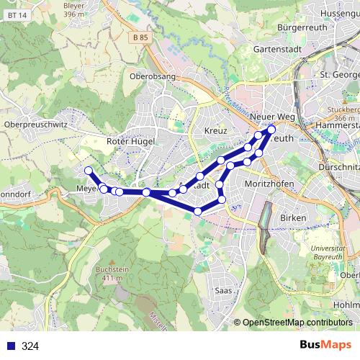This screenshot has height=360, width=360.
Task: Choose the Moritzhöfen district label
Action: point(269,184)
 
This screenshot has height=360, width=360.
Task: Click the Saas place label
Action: point(223,290)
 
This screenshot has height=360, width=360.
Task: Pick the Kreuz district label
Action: point(215,131)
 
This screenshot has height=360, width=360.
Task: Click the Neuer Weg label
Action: point(272,117)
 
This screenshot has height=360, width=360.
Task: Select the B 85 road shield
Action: point(140,37)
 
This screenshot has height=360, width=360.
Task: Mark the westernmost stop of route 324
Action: point(89,171)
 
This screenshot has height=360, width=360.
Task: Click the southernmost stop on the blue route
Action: point(198,212)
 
